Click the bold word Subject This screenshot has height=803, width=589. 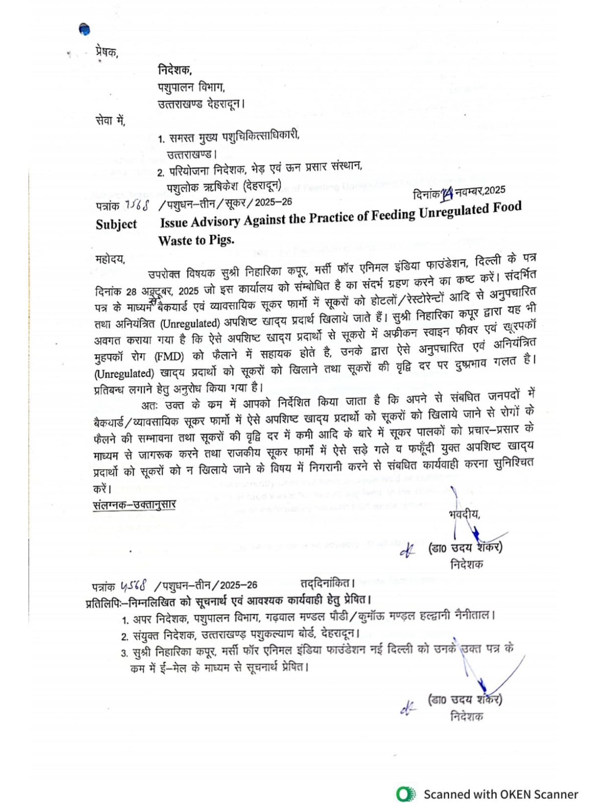coord(116,224)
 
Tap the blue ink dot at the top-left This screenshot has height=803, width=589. coord(85,30)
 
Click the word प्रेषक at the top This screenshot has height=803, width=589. coord(106,52)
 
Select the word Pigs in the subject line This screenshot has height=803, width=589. coord(221,240)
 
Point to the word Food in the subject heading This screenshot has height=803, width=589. coord(507,207)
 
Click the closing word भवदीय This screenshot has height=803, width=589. coord(464,514)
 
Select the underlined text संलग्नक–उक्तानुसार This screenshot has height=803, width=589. coord(134,504)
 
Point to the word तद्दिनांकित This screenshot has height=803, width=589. coord(327,583)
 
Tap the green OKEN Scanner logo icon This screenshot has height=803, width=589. coord(405,794)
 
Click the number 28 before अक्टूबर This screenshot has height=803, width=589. coord(131,292)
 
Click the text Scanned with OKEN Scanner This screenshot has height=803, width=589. coord(501,794)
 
